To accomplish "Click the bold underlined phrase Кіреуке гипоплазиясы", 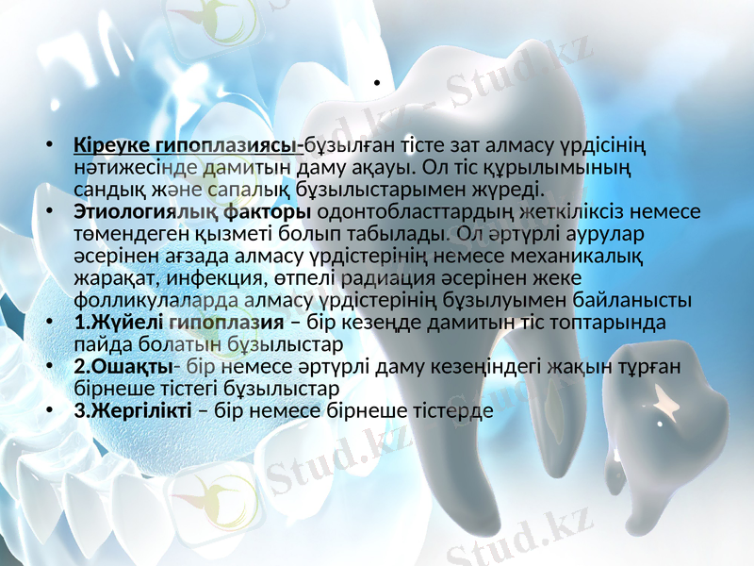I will click(188, 146).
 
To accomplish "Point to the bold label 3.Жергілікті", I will click(133, 411).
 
